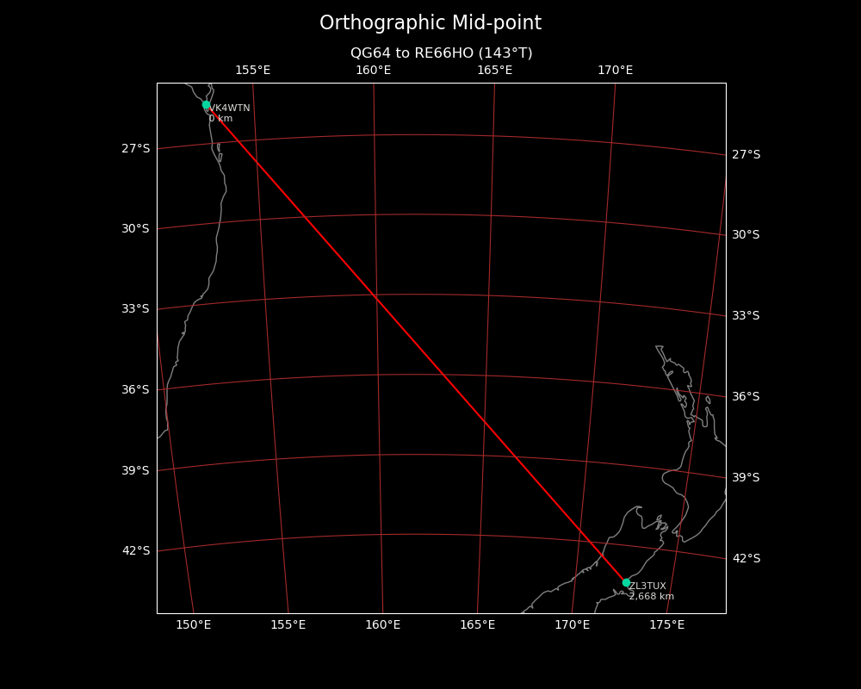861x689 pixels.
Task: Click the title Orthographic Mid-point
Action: coord(430,23)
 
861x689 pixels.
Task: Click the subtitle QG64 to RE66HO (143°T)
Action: coord(441,53)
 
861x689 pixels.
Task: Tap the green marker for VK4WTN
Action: coord(207,104)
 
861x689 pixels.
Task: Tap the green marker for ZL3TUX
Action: coord(626,582)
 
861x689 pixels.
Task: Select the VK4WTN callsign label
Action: coord(230,109)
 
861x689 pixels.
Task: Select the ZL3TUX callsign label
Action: coord(647,587)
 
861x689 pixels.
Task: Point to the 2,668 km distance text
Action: coord(652,597)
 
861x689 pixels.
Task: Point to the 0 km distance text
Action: coord(221,119)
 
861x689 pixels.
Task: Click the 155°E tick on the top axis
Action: coord(252,71)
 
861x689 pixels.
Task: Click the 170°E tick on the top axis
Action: coord(615,71)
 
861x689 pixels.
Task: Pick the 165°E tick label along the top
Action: coord(494,71)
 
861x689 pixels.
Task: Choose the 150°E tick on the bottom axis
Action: coord(194,624)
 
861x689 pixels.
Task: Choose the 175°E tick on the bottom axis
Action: coord(666,624)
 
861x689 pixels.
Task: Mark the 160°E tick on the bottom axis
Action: coord(382,624)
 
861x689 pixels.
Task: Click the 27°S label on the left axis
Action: coord(135,149)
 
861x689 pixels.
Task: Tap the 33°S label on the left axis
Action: coord(135,309)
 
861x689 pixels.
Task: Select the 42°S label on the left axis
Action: coord(135,551)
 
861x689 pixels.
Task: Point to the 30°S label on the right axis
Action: coord(746,235)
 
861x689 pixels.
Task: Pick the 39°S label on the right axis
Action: coord(746,478)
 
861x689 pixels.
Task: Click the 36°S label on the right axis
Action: coord(746,397)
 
